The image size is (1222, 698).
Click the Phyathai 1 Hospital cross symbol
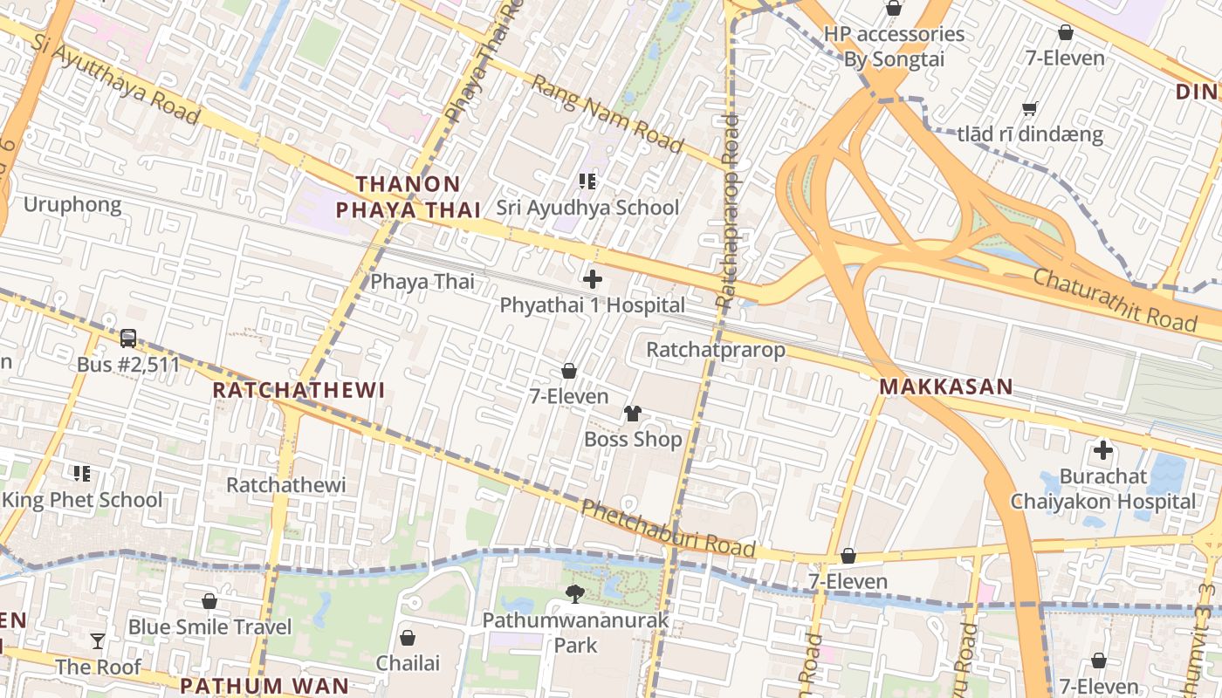[593, 279]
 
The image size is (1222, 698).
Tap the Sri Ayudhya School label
[587, 208]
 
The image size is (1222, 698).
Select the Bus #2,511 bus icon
[128, 338]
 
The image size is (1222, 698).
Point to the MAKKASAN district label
[946, 387]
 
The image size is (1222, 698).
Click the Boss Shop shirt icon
[633, 413]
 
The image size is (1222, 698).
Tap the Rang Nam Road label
[607, 113]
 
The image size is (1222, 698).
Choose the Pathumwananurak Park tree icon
[575, 594]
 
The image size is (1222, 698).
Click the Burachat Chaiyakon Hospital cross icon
[1103, 450]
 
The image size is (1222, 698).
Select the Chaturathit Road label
[1116, 299]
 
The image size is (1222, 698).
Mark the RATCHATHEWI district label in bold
[299, 390]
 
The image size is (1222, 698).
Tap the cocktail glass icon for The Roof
[98, 641]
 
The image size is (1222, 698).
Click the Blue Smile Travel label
[209, 626]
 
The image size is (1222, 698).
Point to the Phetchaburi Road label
[668, 529]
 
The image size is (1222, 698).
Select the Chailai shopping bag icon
[408, 638]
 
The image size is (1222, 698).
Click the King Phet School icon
[82, 474]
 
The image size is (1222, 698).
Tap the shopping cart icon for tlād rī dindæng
[1030, 109]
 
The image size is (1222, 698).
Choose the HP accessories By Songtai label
[894, 46]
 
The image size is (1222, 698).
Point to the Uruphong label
[72, 204]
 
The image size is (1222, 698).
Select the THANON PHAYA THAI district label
[408, 196]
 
